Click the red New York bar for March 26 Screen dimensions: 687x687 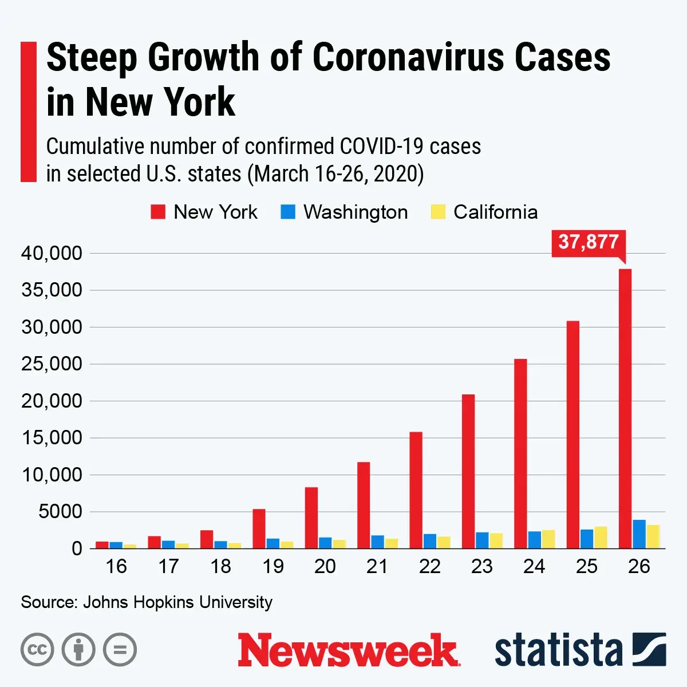(x=625, y=409)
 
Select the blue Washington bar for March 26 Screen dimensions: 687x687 (x=639, y=534)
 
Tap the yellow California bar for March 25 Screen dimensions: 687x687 (x=601, y=538)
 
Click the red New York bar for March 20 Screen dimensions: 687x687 (x=311, y=518)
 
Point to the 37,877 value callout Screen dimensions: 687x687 (x=589, y=242)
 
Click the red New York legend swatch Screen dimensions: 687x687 (x=158, y=212)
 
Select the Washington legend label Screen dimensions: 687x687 (x=356, y=212)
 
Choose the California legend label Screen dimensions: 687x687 (x=495, y=212)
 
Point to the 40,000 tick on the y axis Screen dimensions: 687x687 (x=52, y=253)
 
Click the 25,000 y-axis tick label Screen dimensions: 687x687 (x=52, y=364)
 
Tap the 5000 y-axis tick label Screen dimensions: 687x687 (x=60, y=512)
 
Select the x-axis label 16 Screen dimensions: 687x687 (x=116, y=566)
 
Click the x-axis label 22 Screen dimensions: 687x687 (x=429, y=566)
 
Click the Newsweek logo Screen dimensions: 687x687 (x=349, y=650)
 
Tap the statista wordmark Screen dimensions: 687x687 (x=558, y=650)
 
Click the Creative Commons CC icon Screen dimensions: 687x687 (x=37, y=650)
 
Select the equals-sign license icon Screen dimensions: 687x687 (x=120, y=650)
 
